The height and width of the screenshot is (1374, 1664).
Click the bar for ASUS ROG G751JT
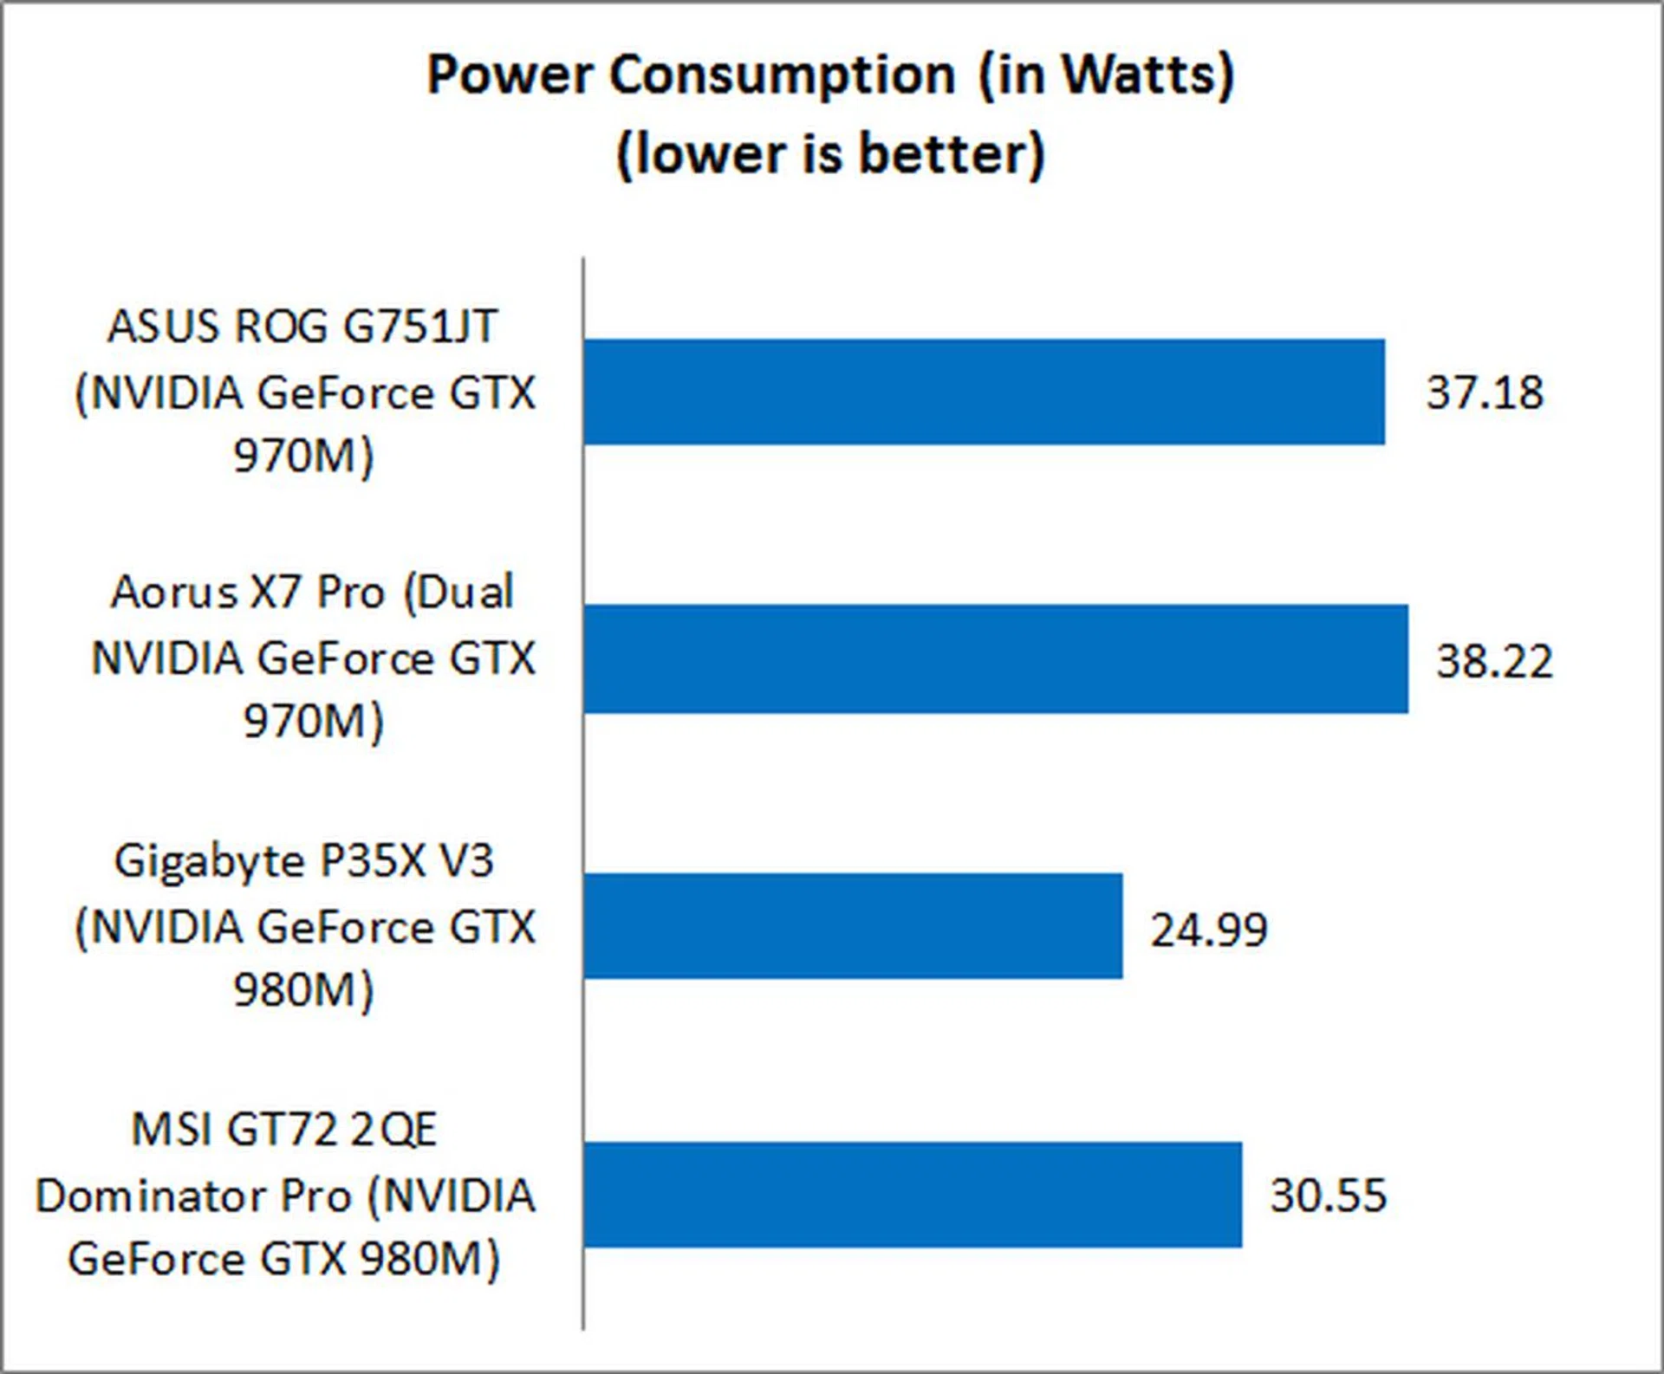(984, 392)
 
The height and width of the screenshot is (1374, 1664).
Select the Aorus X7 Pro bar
(996, 659)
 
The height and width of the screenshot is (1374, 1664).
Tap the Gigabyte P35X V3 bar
(853, 926)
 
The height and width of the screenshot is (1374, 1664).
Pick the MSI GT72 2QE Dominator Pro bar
(913, 1195)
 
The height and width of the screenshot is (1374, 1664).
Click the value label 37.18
(1485, 392)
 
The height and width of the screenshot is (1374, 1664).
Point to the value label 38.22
(1494, 661)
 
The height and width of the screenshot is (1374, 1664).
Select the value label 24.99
(1209, 930)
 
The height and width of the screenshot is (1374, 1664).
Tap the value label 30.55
(1328, 1196)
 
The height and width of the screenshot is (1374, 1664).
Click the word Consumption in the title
(782, 75)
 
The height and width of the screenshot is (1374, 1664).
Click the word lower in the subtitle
(711, 154)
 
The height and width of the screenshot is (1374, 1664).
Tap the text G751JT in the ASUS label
(420, 327)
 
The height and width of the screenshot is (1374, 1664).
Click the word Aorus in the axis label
(174, 593)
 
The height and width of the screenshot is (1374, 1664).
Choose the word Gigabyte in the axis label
(209, 863)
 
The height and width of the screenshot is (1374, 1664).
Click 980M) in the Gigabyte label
(303, 990)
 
